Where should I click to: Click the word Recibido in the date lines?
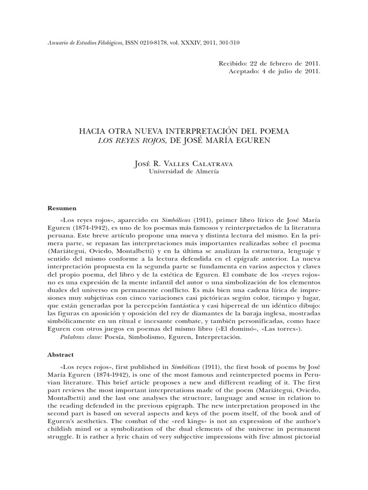pyautogui.click(x=234, y=63)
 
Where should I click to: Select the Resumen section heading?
pyautogui.click(x=63, y=208)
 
